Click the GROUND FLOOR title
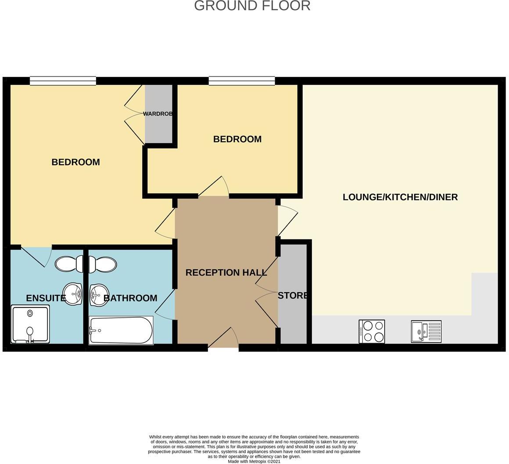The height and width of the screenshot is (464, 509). tap(252, 6)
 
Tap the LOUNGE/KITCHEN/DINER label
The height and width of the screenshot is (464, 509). tap(400, 197)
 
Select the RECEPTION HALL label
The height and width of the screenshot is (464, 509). tap(226, 272)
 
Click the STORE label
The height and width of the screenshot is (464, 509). tap(293, 295)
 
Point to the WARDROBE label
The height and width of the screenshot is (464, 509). tap(158, 114)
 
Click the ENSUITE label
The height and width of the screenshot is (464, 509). tap(46, 298)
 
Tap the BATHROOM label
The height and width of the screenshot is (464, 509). tap(130, 298)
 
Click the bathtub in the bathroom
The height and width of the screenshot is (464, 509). tap(121, 330)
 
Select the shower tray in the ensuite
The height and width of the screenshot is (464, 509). tap(30, 324)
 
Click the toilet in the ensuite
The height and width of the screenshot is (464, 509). tap(69, 264)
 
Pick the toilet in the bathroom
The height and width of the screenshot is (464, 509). tap(103, 265)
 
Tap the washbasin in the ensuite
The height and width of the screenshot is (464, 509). tap(72, 294)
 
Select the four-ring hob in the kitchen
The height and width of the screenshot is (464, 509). tap(372, 331)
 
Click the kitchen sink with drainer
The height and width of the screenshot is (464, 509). tap(426, 331)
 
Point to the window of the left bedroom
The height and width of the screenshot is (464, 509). tap(63, 80)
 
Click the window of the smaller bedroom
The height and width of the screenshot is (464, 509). tap(242, 80)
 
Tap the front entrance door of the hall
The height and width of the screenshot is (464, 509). tap(223, 341)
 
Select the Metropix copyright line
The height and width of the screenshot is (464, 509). tap(254, 461)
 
